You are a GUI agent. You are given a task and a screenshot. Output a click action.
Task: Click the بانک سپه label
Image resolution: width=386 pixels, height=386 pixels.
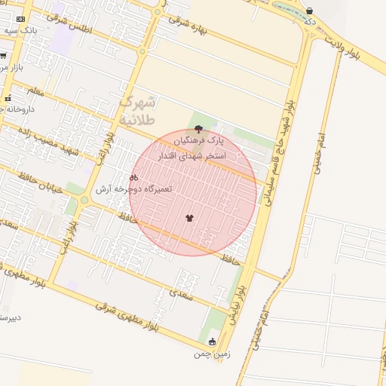click(20, 29)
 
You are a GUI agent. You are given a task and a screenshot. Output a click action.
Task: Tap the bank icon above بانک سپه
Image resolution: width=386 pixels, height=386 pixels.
click(20, 19)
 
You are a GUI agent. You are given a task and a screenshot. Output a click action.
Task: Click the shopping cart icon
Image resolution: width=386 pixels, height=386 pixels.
click(3, 56)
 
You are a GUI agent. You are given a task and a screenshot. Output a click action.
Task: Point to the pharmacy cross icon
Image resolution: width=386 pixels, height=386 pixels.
click(8, 99)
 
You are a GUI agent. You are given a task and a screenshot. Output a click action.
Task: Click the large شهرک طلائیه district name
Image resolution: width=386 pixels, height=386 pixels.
click(136, 110)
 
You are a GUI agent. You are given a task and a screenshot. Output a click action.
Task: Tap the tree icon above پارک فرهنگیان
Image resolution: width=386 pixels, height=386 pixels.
click(198, 129)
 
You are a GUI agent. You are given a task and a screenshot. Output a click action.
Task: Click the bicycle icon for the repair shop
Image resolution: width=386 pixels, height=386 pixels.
click(134, 177)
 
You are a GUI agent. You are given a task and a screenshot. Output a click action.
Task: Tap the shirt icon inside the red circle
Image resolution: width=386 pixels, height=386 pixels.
click(188, 219)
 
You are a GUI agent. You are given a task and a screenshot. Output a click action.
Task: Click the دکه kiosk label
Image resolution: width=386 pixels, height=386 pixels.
click(309, 23)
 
